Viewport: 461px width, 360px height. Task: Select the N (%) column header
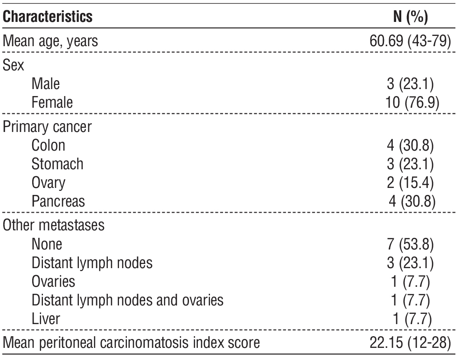pyautogui.click(x=411, y=18)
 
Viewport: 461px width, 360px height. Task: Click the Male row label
pyautogui.click(x=46, y=84)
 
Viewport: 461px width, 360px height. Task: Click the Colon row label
pyautogui.click(x=49, y=145)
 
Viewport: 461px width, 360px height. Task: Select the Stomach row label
pyautogui.click(x=57, y=164)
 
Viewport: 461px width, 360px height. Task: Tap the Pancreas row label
pyautogui.click(x=59, y=201)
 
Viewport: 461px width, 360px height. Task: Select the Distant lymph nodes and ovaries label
pyautogui.click(x=127, y=300)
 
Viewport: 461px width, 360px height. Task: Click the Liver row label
pyautogui.click(x=46, y=318)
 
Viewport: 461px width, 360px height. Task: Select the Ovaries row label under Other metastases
pyautogui.click(x=54, y=281)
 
